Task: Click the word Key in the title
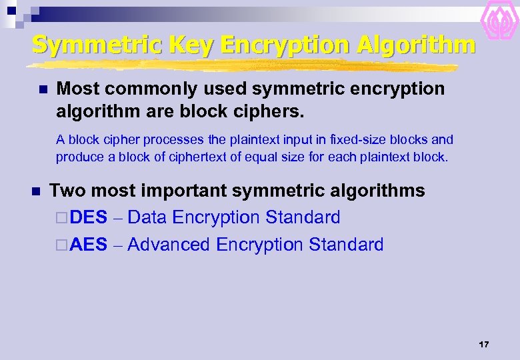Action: tap(192, 45)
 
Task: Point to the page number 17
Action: tap(484, 345)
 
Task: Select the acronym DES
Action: tap(88, 218)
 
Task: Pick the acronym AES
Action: tap(88, 245)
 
